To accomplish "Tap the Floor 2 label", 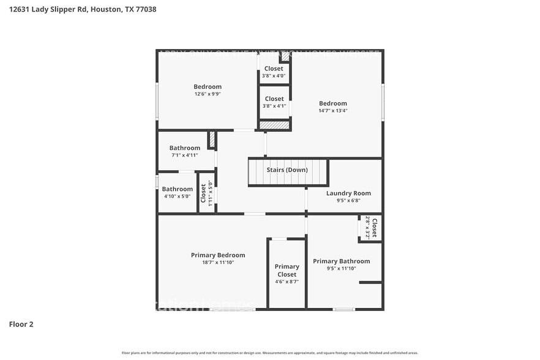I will [21, 324].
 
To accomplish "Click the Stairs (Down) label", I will [287, 170].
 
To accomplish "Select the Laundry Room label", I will [348, 193].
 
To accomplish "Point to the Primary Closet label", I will [287, 271].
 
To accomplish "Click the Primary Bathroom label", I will [341, 261].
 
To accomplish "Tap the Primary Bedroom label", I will [218, 255].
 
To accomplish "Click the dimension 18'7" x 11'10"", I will [218, 263].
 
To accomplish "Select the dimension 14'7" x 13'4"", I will [332, 111].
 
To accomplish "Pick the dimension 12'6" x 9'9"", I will [208, 94].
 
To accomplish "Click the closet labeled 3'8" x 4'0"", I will [274, 72].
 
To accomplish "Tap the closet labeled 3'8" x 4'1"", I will [274, 102].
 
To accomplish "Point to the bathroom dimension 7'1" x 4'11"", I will [184, 156].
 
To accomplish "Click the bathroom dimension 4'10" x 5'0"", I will [178, 197].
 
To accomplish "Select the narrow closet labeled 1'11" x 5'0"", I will [206, 193].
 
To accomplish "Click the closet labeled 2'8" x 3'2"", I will [371, 227].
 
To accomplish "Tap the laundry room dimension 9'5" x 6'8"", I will [348, 200].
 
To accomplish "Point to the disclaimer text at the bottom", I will [269, 353].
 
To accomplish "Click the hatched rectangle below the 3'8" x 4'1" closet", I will [274, 125].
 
